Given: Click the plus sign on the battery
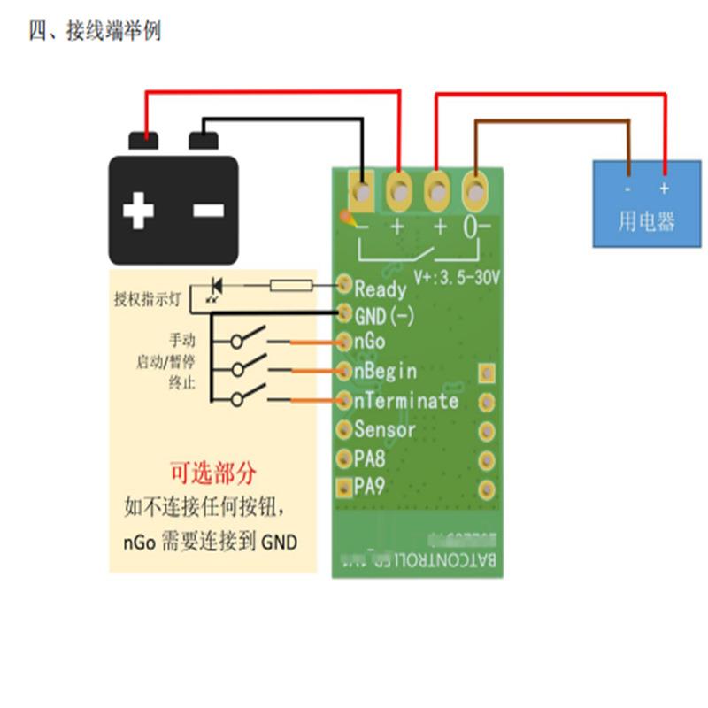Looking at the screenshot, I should [138, 211].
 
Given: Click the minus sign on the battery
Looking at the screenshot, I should [209, 211].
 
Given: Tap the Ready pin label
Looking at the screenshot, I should [381, 289].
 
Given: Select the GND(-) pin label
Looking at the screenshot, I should [384, 315].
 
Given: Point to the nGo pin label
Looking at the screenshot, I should [370, 342].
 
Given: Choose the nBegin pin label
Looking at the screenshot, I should [385, 371].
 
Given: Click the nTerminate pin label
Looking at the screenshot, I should [406, 400].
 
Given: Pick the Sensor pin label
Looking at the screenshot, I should [385, 430].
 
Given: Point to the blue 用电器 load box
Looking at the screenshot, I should [645, 204].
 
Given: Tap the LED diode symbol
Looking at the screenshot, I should [215, 286].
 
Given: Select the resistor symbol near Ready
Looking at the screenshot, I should [290, 285].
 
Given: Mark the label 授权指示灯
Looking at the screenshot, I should [147, 299].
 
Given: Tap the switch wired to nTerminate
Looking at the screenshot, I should [250, 396].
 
